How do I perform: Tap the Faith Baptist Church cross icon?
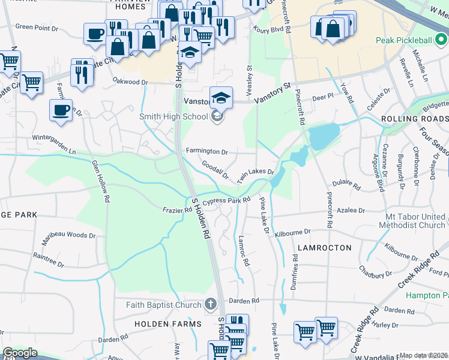pyautogui.click(x=210, y=305)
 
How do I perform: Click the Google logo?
pyautogui.click(x=20, y=353)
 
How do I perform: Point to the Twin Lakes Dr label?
pyautogui.click(x=255, y=176)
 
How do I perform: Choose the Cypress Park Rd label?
pyautogui.click(x=226, y=201)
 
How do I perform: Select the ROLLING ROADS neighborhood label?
pyautogui.click(x=415, y=119)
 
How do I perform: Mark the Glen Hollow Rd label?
pyautogui.click(x=101, y=180)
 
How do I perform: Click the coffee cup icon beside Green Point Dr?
pyautogui.click(x=95, y=34)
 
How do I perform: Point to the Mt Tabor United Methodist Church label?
pyautogui.click(x=415, y=220)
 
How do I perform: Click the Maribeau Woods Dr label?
pyautogui.click(x=68, y=235)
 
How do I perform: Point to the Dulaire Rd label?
pyautogui.click(x=346, y=187)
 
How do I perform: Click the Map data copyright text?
pyautogui.click(x=423, y=355)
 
